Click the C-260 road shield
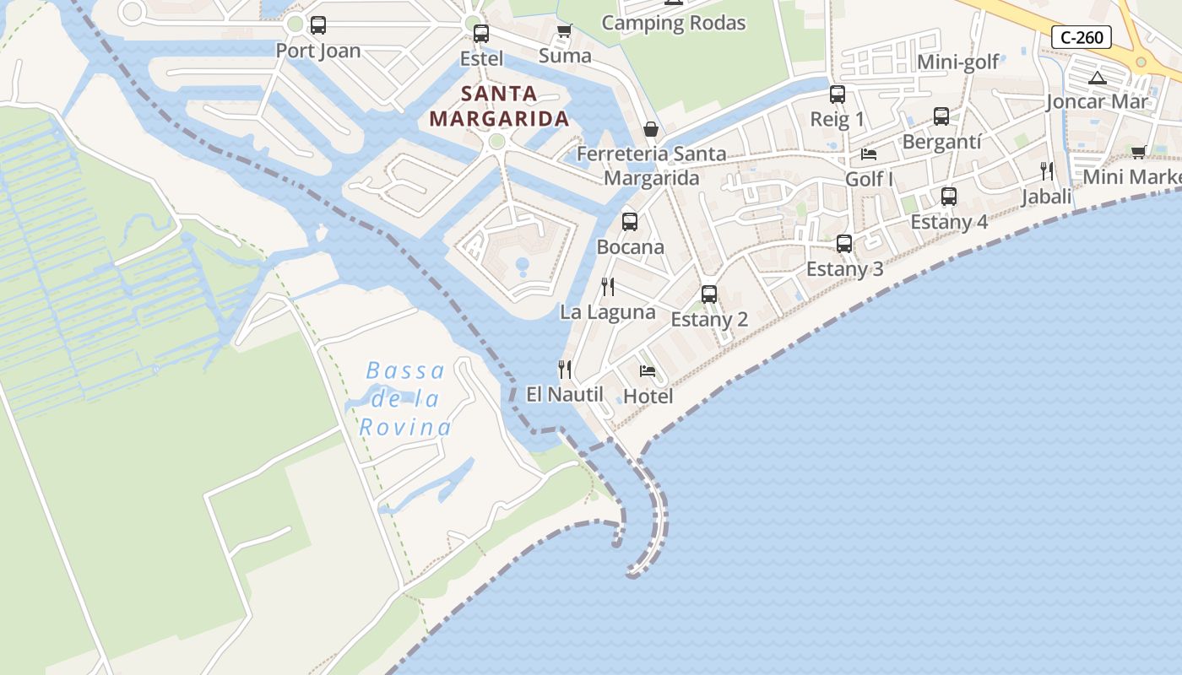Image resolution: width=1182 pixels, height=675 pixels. pyautogui.click(x=1082, y=37)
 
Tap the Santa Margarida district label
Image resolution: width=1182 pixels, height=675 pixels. pyautogui.click(x=499, y=105)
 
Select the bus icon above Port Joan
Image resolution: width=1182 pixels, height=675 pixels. pyautogui.click(x=318, y=25)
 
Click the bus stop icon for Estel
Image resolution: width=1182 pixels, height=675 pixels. pyautogui.click(x=481, y=34)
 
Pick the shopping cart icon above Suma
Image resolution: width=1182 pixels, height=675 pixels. pyautogui.click(x=565, y=31)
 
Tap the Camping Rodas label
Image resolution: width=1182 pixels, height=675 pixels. pyautogui.click(x=673, y=23)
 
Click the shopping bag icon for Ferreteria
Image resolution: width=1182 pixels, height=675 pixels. pyautogui.click(x=651, y=129)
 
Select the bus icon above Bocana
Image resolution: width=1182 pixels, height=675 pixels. pyautogui.click(x=630, y=222)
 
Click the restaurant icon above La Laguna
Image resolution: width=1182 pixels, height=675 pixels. pyautogui.click(x=607, y=287)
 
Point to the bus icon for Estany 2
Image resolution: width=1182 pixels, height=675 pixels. pyautogui.click(x=709, y=294)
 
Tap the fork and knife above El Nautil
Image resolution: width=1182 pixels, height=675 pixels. pyautogui.click(x=565, y=369)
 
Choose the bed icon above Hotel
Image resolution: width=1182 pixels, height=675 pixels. pyautogui.click(x=648, y=370)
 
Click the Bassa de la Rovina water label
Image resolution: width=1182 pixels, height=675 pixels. pyautogui.click(x=405, y=399)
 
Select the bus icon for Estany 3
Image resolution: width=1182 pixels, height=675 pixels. pyautogui.click(x=844, y=244)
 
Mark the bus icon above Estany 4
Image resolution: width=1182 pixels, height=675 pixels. pyautogui.click(x=949, y=197)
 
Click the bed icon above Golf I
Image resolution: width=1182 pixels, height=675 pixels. pyautogui.click(x=869, y=154)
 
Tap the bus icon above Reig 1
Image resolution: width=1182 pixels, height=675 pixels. pyautogui.click(x=838, y=94)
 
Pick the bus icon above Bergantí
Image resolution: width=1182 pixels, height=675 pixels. pyautogui.click(x=941, y=116)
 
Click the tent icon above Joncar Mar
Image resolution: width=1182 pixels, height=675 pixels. pyautogui.click(x=1098, y=78)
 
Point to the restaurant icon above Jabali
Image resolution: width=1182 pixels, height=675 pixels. pyautogui.click(x=1047, y=171)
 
